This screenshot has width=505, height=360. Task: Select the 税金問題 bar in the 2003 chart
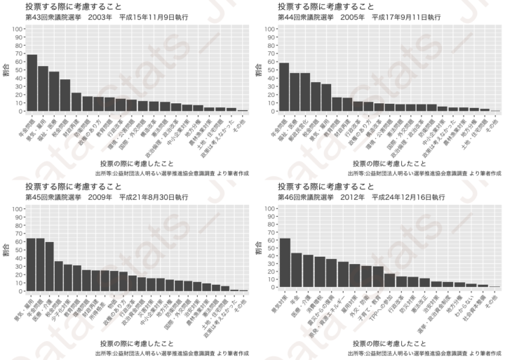65,95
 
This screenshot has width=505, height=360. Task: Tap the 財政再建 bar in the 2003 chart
76,102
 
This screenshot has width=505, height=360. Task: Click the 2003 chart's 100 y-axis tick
16,29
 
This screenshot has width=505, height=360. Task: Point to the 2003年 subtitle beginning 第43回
91,16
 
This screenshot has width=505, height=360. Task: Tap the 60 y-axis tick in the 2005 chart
270,62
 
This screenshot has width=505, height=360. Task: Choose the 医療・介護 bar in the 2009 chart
49,266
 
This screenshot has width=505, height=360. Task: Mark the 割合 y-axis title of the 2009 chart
6,249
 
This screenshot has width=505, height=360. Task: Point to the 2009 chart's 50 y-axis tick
18,250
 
